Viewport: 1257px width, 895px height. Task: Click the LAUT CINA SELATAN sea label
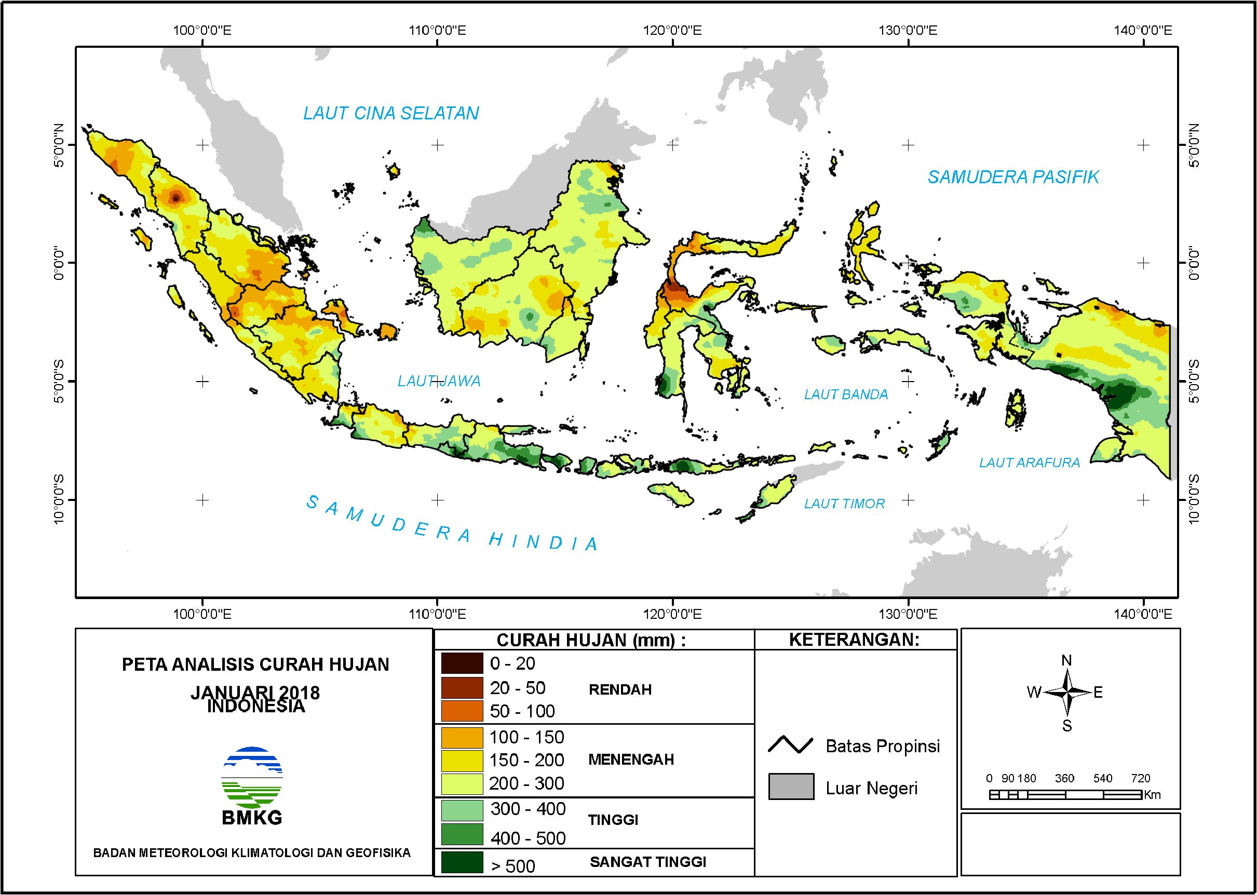[391, 114]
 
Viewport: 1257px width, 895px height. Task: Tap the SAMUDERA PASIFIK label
[1013, 178]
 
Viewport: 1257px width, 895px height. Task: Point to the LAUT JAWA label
[439, 381]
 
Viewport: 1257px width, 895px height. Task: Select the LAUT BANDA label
[845, 395]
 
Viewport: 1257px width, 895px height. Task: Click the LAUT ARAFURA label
[1029, 463]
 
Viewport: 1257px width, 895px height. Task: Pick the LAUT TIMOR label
[844, 504]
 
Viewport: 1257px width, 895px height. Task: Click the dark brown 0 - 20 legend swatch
[462, 663]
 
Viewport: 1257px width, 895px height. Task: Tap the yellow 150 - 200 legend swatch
[462, 761]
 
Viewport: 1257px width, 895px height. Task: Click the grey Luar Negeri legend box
[791, 786]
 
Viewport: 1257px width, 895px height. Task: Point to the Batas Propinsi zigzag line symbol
[790, 745]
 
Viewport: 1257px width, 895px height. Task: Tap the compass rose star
[1067, 692]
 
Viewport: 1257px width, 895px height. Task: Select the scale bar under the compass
[1065, 795]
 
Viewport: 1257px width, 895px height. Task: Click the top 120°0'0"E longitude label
[672, 30]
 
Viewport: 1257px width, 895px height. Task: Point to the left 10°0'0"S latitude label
[59, 499]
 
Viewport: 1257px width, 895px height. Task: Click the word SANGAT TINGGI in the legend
[647, 862]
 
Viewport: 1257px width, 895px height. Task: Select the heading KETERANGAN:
[854, 640]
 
